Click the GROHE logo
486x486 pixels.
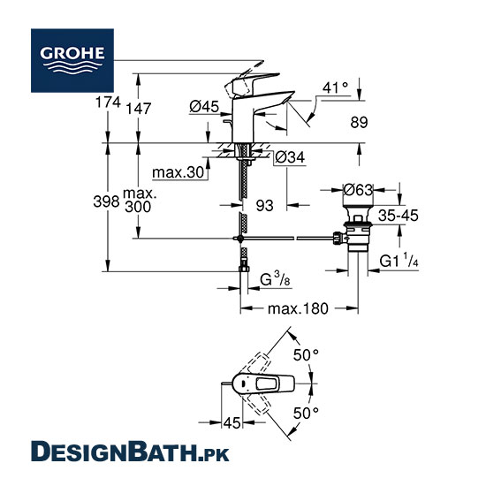click(72, 60)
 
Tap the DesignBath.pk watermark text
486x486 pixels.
click(130, 452)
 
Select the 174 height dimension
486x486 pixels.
click(108, 102)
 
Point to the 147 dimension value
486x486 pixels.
click(138, 109)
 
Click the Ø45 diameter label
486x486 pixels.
click(204, 107)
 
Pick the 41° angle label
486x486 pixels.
click(335, 88)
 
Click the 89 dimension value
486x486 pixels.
click(359, 123)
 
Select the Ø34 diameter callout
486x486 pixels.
click(290, 157)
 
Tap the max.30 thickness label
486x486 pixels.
click(178, 172)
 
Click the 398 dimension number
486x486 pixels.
click(106, 201)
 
